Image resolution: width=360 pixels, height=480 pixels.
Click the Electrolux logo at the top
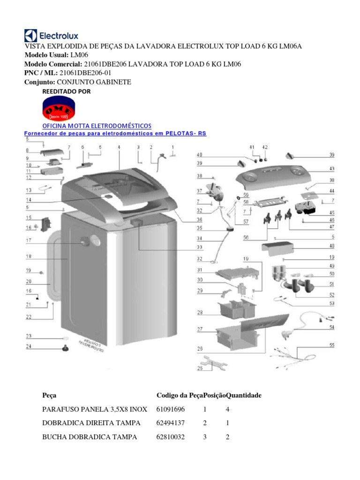pyautogui.click(x=52, y=36)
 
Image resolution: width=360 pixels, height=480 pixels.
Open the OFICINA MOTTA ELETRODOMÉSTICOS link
pyautogui.click(x=97, y=126)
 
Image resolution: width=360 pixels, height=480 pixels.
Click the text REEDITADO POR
pyautogui.click(x=67, y=91)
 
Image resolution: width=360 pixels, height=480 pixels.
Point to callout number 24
pyautogui.click(x=29, y=347)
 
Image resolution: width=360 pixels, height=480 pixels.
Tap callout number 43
pyautogui.click(x=332, y=169)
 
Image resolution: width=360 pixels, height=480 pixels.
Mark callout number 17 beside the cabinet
pyautogui.click(x=29, y=241)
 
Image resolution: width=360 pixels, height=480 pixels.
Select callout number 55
pyautogui.click(x=332, y=345)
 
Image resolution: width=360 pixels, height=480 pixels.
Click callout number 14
pyautogui.click(x=29, y=200)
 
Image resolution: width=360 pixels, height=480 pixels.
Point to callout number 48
pyautogui.click(x=332, y=246)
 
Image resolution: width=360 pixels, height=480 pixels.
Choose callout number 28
pyautogui.click(x=200, y=313)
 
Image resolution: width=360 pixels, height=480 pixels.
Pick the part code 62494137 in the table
pyautogui.click(x=171, y=423)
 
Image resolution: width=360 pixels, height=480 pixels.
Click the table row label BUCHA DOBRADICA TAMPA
pyautogui.click(x=90, y=437)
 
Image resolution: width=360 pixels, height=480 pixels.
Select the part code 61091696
pyautogui.click(x=171, y=409)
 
